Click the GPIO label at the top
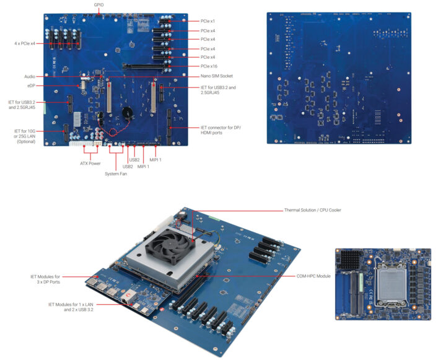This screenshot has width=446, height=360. click(x=99, y=4)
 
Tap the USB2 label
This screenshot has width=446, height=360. click(x=128, y=166)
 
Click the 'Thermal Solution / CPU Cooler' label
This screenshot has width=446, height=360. click(x=312, y=210)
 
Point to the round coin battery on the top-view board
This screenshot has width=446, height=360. click(x=128, y=114)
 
